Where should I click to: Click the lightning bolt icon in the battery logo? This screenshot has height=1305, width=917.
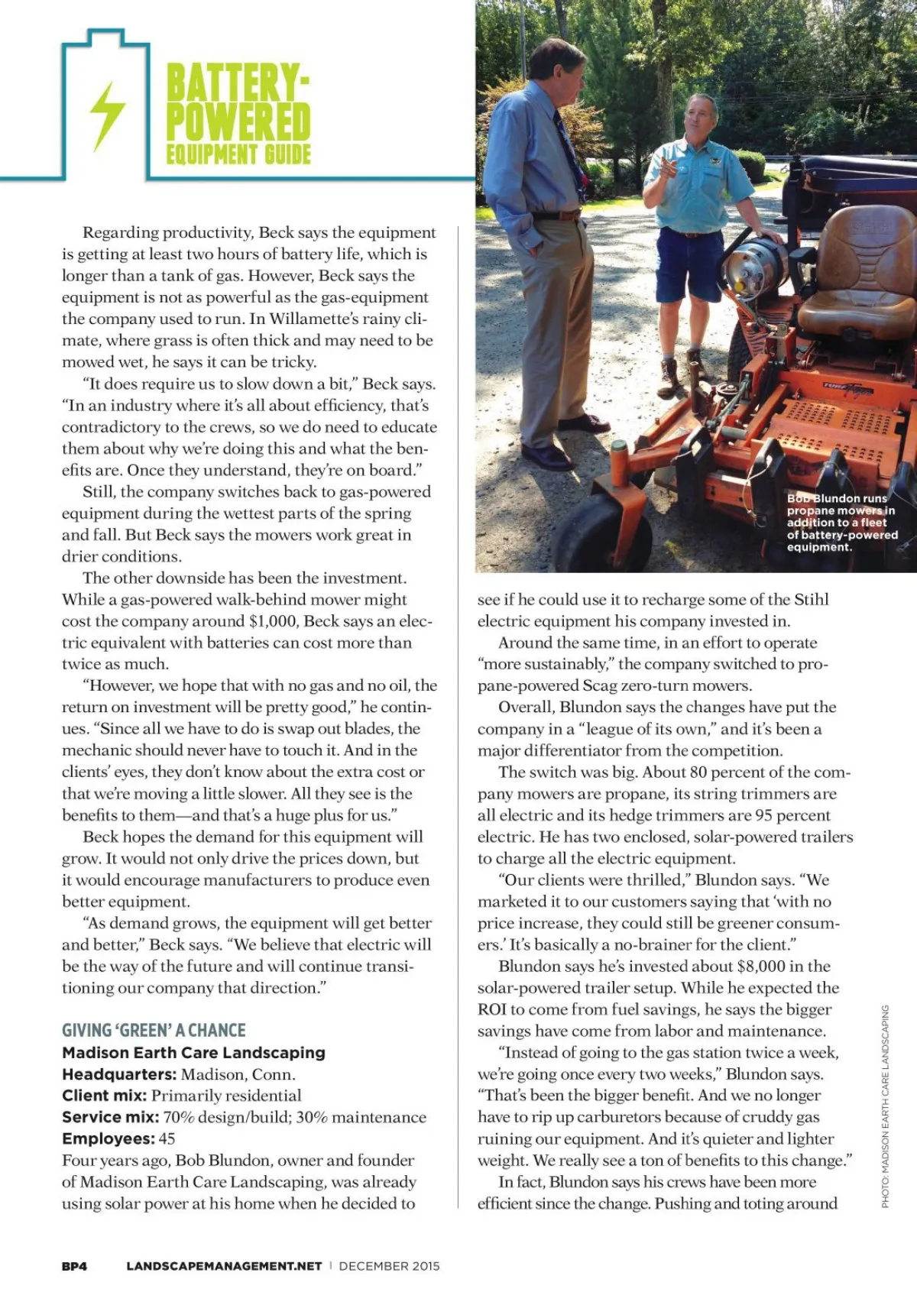click(x=107, y=115)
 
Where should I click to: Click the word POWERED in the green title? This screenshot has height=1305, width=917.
click(x=238, y=121)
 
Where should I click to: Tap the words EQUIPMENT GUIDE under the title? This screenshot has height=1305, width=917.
click(x=238, y=154)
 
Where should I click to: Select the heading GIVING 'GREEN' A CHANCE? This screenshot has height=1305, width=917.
click(x=154, y=1030)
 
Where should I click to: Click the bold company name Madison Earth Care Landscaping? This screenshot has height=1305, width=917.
click(x=193, y=1052)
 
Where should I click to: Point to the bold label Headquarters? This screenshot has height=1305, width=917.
click(x=119, y=1073)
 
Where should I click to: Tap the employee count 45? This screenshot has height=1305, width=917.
click(x=167, y=1138)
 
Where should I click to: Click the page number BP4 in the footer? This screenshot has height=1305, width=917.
click(x=74, y=1266)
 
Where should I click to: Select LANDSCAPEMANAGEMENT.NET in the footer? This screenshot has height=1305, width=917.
click(x=224, y=1266)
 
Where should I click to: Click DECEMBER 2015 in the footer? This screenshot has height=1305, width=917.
click(x=389, y=1266)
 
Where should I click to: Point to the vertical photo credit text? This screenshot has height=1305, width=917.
click(x=885, y=1106)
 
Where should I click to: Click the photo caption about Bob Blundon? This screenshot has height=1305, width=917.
click(x=841, y=523)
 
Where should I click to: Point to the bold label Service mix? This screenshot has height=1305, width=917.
click(x=110, y=1117)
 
